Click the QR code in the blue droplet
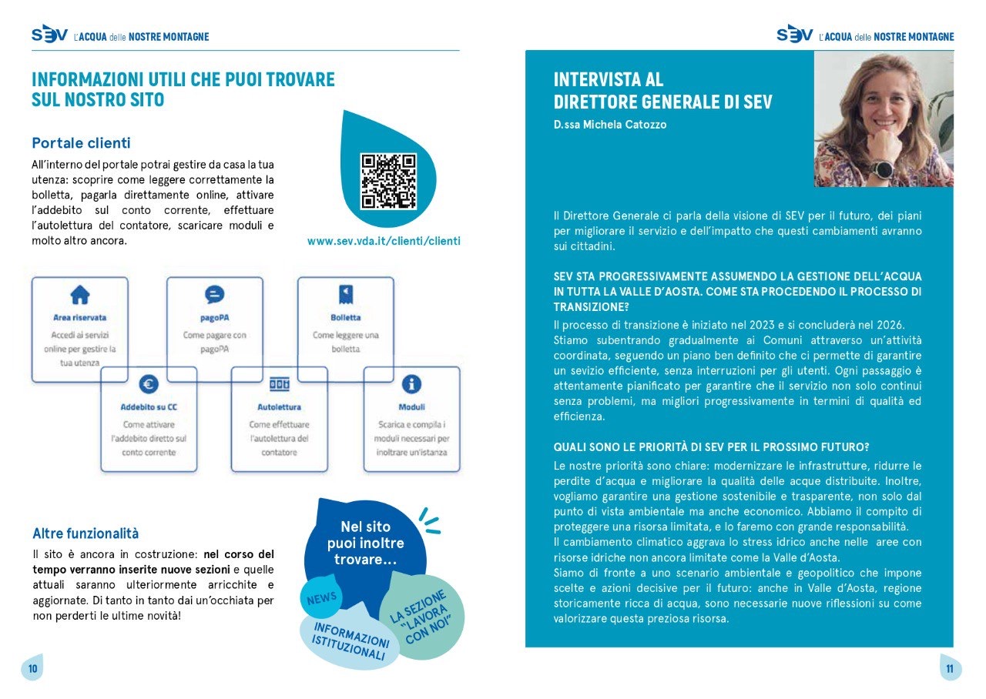point(388,182)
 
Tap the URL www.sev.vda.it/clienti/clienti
point(384,241)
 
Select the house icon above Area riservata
point(80,294)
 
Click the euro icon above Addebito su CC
point(149,383)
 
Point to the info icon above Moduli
point(412,383)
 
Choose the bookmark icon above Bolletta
point(346,294)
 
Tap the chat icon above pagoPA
point(214,294)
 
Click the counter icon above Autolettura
point(279,383)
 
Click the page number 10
point(32,668)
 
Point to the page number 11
point(949,668)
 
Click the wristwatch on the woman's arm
point(881,169)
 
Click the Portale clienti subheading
point(81,143)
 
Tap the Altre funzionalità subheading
point(86,533)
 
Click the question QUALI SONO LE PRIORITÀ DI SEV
point(711,447)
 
